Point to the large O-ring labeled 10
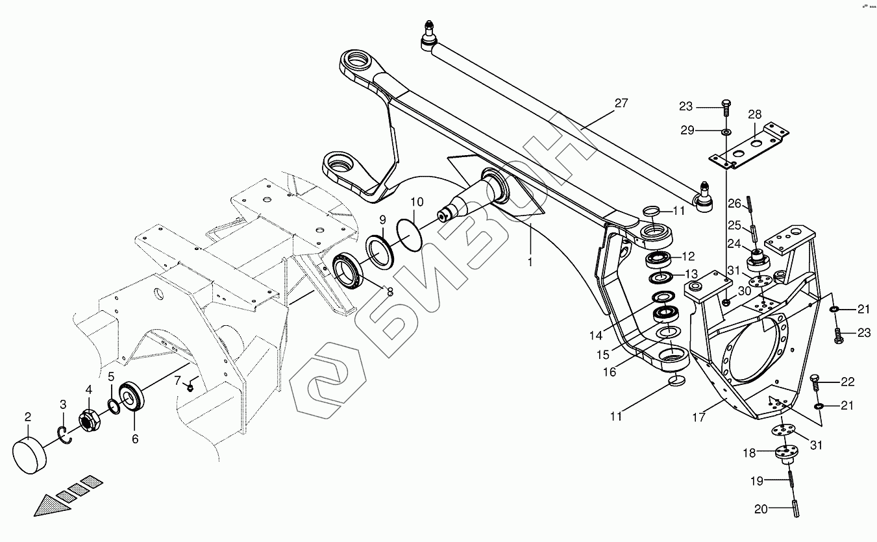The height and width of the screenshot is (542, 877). click(408, 232)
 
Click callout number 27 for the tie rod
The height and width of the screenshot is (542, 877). click(621, 103)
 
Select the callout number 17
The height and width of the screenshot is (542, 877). click(699, 417)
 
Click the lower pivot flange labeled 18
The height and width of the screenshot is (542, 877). click(784, 453)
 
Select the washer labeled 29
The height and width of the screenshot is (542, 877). click(725, 132)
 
